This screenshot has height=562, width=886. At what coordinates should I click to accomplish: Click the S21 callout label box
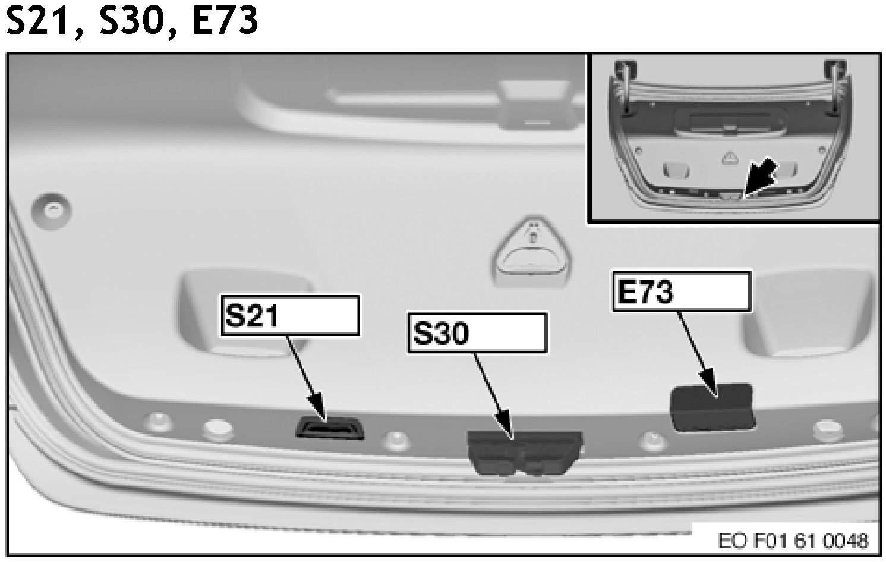(291, 315)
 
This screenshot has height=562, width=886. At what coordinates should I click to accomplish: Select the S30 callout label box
(477, 333)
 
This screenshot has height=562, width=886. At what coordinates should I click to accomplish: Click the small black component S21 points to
(330, 428)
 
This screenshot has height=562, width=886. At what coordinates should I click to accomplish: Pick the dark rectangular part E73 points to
(712, 408)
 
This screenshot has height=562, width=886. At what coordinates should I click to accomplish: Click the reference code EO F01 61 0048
(794, 541)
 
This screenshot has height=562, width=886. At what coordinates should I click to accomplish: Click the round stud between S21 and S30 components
(395, 441)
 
